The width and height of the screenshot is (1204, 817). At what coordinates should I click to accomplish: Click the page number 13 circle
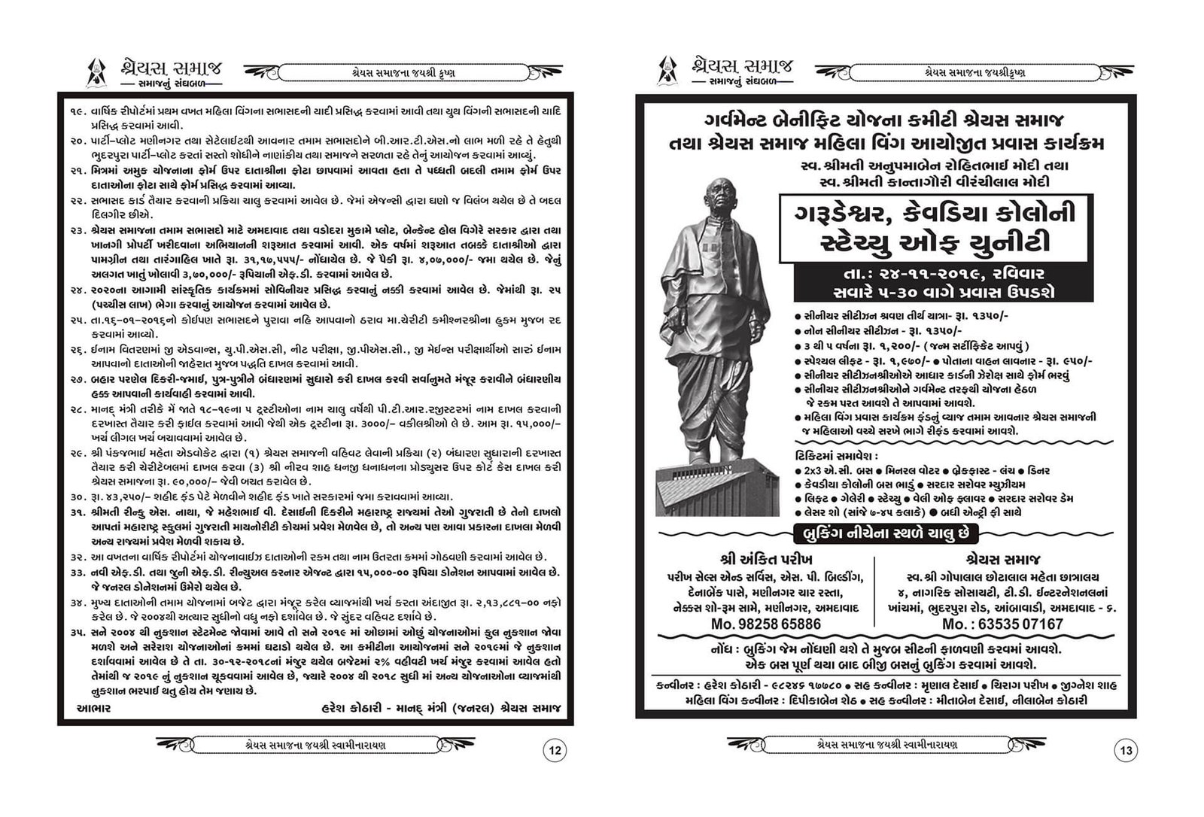point(1126,750)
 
